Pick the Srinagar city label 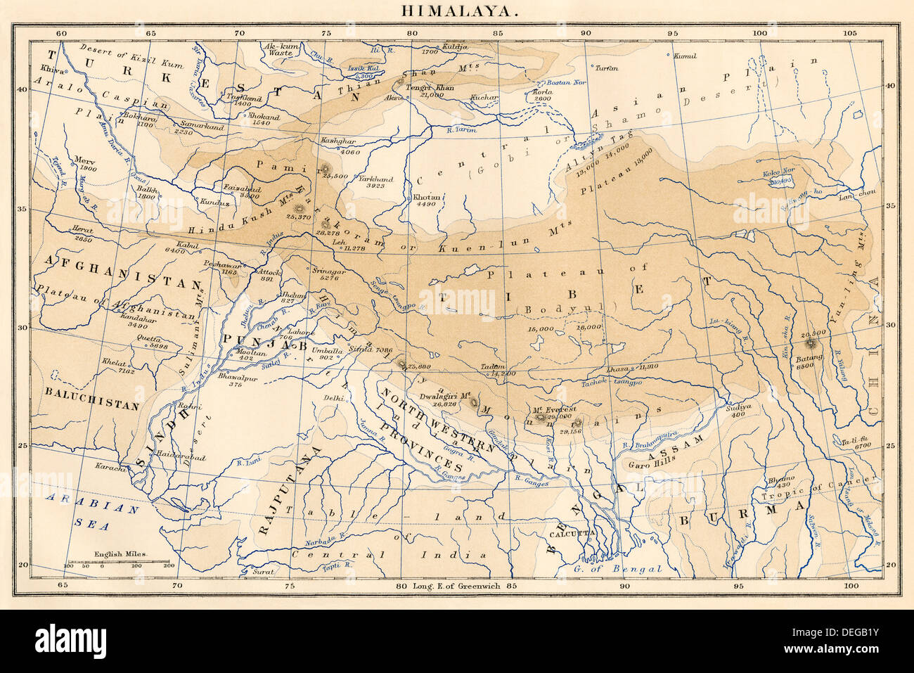[x=329, y=271]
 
